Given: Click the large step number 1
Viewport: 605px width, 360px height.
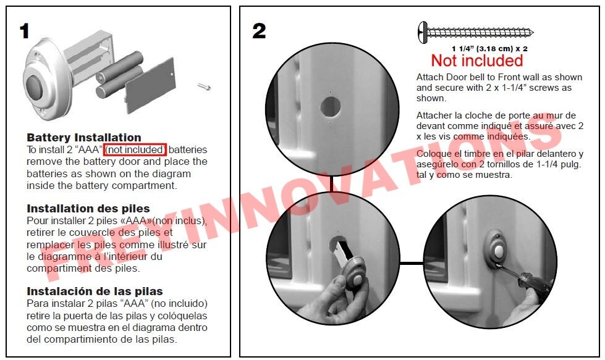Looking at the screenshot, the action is pyautogui.click(x=25, y=31).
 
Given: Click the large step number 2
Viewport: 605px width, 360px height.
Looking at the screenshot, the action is pyautogui.click(x=259, y=31).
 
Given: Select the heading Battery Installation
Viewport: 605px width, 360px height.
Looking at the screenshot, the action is pyautogui.click(x=83, y=138).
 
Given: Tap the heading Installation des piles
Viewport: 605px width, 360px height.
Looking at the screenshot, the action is pyautogui.click(x=88, y=209).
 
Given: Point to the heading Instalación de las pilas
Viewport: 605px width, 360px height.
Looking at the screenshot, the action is pyautogui.click(x=95, y=291).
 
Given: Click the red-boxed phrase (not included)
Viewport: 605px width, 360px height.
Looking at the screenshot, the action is pyautogui.click(x=135, y=149).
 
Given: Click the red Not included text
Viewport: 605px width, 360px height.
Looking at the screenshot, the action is pyautogui.click(x=477, y=61).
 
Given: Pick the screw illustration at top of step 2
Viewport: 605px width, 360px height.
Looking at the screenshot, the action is pyautogui.click(x=475, y=32).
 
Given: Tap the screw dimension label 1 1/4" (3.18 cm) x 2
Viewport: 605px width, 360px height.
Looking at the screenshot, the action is pyautogui.click(x=489, y=49).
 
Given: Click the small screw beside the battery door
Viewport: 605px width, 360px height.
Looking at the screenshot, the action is pyautogui.click(x=204, y=86).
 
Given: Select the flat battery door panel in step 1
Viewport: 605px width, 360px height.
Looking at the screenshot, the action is pyautogui.click(x=150, y=86).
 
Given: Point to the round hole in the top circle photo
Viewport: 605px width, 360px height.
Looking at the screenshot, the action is pyautogui.click(x=330, y=106).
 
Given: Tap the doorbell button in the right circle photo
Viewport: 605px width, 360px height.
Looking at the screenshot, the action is pyautogui.click(x=499, y=252).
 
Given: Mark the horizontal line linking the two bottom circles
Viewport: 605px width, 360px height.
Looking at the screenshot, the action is pyautogui.click(x=412, y=263).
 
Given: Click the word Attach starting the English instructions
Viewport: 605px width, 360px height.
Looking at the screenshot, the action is pyautogui.click(x=428, y=77).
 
